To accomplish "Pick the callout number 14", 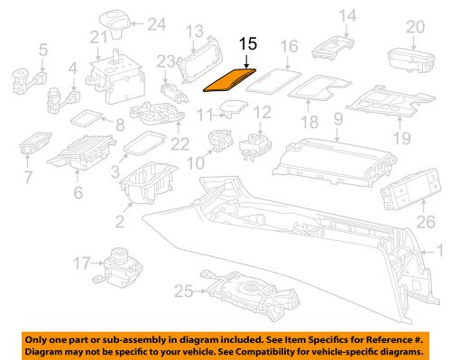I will coord(347,14).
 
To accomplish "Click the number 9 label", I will coord(338,117).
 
